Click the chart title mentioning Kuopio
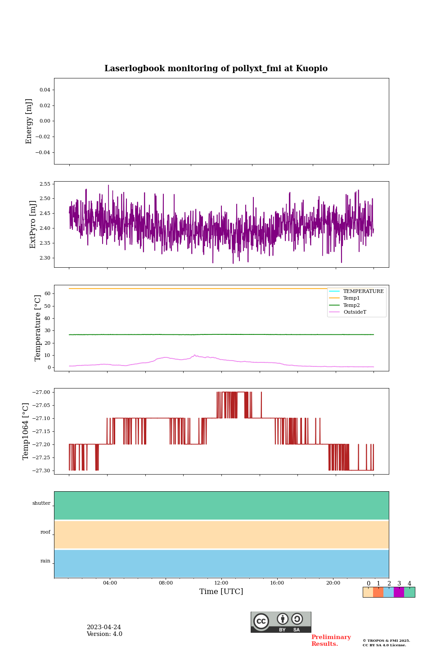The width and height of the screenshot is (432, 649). coord(216,69)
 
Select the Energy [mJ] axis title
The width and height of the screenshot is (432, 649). coord(29,121)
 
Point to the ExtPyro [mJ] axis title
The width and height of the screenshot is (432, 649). coord(33,224)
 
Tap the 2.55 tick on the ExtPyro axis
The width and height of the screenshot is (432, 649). coord(45,184)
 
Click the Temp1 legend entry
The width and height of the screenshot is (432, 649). coord(351,298)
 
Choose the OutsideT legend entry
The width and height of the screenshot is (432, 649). coord(355,312)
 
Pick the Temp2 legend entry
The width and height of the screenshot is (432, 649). coord(351,305)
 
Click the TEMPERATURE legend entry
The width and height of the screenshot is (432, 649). coord(363,291)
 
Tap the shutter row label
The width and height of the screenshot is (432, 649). coord(41,503)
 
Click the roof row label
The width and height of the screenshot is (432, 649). coord(45,532)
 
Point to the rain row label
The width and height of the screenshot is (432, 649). coord(45,561)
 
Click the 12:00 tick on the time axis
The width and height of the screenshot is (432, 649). coord(221,583)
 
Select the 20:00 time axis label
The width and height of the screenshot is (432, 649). coord(333,583)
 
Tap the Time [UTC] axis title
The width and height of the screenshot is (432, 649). coord(221,592)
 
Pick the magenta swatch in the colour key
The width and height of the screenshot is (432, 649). coord(399,592)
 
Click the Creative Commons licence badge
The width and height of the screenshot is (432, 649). coord(281,622)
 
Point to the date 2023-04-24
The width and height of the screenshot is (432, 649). coord(104,627)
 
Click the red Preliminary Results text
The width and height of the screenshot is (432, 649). coord(331,640)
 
